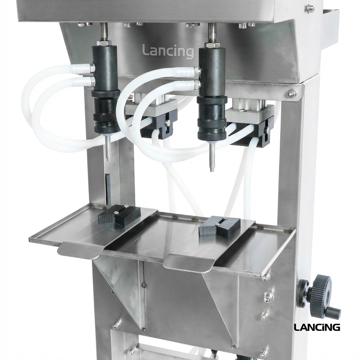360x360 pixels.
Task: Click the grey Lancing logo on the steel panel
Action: tap(168, 51)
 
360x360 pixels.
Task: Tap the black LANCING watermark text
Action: tap(317, 327)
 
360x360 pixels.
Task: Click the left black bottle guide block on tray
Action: tap(119, 216)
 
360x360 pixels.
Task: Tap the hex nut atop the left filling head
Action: tap(104, 43)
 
